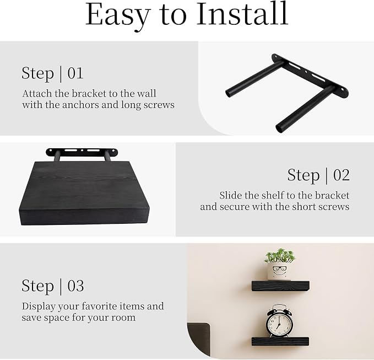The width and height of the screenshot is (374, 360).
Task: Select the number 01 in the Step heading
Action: [x=75, y=73]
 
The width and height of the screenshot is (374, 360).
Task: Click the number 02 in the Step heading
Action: [x=342, y=175]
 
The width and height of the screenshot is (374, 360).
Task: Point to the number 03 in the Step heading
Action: [x=75, y=286]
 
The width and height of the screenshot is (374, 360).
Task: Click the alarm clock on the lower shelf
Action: [x=279, y=321]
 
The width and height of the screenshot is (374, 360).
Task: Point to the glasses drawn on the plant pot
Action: [x=280, y=268]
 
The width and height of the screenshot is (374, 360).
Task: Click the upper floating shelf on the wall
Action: [x=280, y=286]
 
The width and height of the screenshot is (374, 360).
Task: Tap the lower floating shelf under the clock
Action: [x=280, y=341]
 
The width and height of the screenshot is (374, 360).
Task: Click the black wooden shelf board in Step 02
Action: [x=84, y=193]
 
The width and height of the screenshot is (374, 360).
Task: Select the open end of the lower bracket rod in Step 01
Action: [x=279, y=128]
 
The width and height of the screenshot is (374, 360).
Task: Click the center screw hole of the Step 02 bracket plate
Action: [x=82, y=151]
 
